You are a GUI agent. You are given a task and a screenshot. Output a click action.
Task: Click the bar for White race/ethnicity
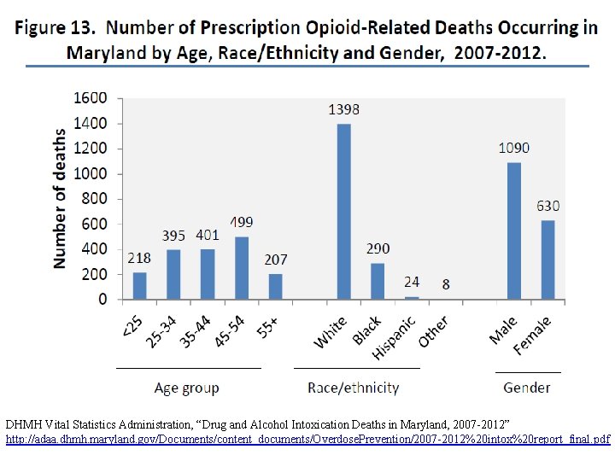click(343, 211)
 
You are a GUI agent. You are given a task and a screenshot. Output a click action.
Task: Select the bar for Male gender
click(514, 230)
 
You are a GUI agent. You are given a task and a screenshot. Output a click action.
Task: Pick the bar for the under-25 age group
click(140, 285)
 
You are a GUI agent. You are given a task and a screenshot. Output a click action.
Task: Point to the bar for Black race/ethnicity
click(378, 281)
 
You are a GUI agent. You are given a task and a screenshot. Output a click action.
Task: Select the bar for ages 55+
click(274, 286)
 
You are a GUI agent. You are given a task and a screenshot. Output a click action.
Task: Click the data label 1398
click(344, 109)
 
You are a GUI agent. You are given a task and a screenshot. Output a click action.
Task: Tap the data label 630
click(548, 206)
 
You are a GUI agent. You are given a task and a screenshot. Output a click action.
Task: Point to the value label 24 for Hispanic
click(412, 281)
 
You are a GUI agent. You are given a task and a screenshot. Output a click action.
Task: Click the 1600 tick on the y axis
click(91, 98)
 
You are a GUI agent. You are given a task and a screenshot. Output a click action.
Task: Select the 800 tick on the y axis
click(95, 199)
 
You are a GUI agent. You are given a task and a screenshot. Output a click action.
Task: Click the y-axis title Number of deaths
click(61, 199)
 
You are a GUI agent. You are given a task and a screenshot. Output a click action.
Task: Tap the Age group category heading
click(186, 388)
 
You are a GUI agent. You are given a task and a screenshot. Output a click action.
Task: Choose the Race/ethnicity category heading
click(354, 388)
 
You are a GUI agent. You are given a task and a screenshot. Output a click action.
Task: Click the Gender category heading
click(527, 388)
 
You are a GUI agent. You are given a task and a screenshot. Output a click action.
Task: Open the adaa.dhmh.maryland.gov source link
click(307, 438)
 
